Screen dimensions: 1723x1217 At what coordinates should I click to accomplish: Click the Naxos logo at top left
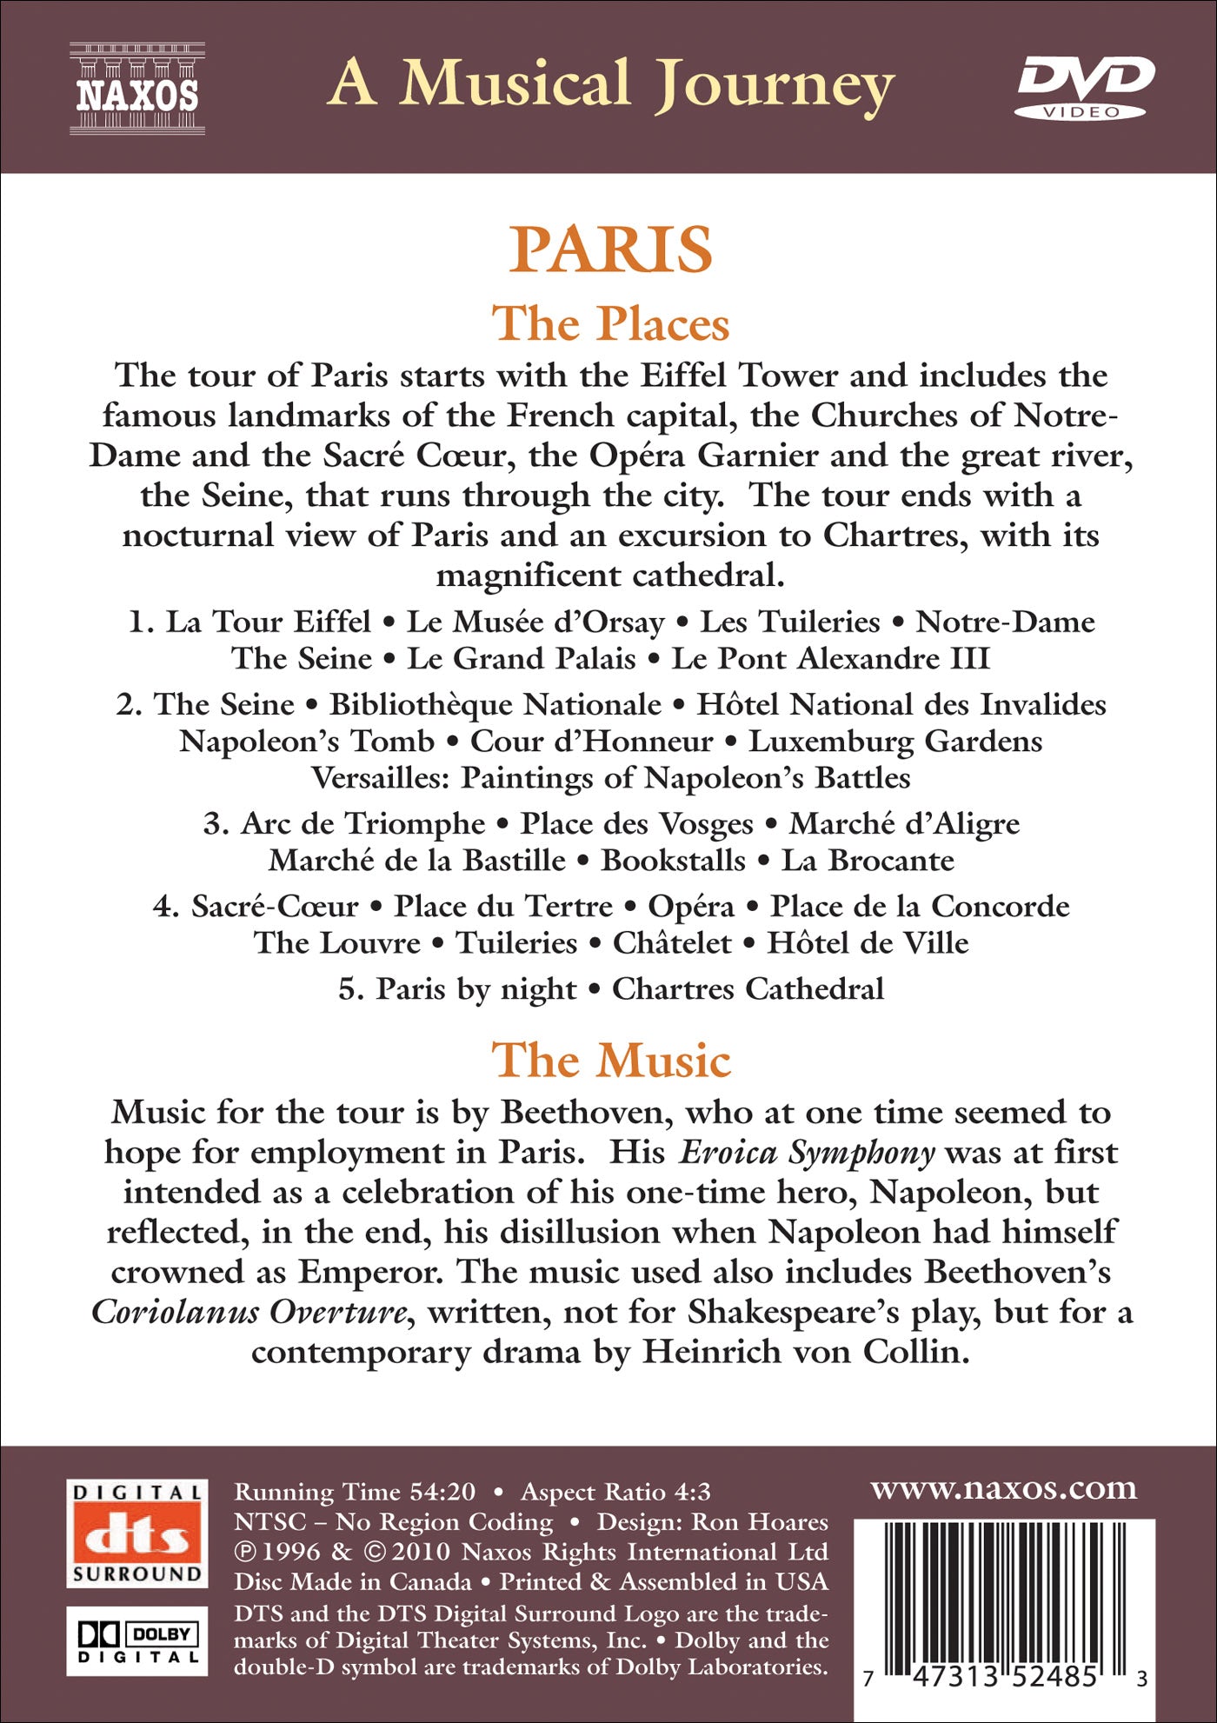coord(137,89)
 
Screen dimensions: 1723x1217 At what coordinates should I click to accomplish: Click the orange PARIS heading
coord(610,249)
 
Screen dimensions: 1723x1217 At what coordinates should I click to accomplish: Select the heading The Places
coord(610,324)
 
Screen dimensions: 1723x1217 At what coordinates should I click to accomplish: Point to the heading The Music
coord(611,1061)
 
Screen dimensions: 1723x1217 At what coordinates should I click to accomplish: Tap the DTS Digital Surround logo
coord(137,1533)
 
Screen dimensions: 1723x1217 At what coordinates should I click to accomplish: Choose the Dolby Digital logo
coord(137,1640)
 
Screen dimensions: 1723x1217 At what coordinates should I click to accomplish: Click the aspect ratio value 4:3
coord(692,1493)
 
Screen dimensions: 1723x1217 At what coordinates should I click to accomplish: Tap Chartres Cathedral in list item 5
coord(748,989)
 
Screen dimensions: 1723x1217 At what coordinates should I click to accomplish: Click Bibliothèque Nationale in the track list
coord(495,704)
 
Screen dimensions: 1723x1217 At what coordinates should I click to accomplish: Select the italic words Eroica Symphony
coord(806,1153)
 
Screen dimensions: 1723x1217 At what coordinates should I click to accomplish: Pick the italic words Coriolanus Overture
coord(249,1313)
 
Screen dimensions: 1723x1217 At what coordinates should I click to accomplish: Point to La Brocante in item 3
coord(868,861)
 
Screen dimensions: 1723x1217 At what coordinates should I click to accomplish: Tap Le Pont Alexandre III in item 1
coord(831,659)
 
